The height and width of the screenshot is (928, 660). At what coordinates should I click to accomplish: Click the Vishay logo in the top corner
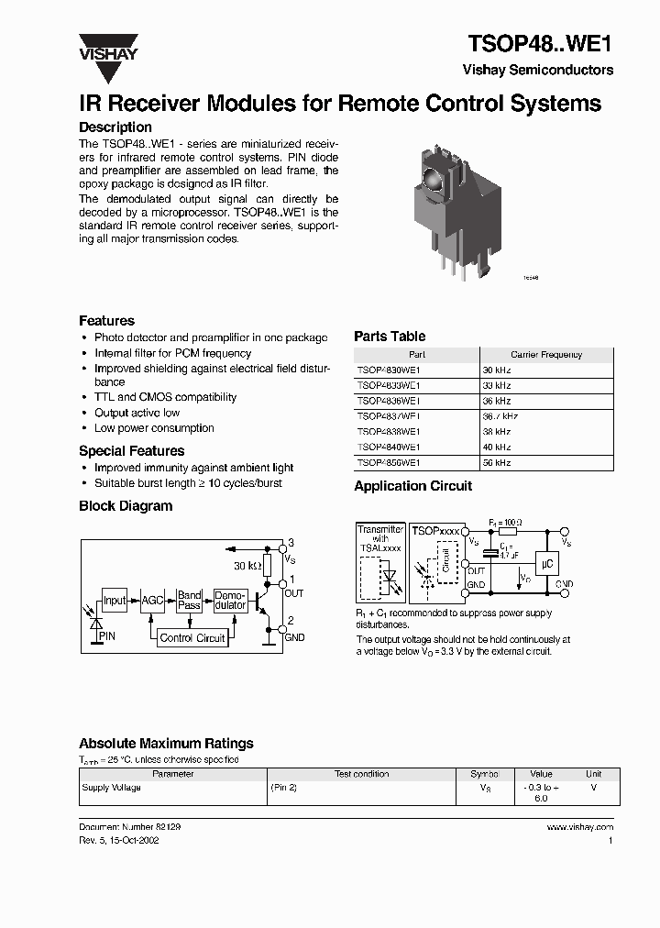point(107,47)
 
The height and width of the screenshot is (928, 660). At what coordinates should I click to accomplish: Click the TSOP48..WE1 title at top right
point(540,43)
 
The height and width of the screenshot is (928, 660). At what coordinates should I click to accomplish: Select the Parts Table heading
point(390,337)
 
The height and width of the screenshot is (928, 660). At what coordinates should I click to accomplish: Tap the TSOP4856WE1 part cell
point(389,463)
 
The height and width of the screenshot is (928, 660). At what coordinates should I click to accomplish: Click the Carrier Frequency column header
point(546,354)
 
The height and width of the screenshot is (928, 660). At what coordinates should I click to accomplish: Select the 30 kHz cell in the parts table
point(496,370)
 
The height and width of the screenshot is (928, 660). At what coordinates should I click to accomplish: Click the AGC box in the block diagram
point(152,601)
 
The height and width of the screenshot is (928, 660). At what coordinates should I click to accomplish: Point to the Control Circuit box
point(192,637)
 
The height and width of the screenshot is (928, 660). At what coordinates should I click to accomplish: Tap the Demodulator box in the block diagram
point(230,601)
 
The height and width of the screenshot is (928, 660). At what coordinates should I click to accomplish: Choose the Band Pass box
point(190,601)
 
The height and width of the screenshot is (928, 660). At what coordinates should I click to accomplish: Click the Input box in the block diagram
point(115,601)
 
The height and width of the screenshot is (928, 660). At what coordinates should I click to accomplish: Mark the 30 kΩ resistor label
point(247,565)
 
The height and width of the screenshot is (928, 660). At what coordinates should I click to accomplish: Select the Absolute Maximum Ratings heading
point(166,744)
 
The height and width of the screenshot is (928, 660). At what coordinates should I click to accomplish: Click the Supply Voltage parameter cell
point(112,788)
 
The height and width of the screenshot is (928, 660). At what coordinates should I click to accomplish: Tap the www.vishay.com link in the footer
point(579,827)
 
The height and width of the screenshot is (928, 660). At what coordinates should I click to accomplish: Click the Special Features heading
point(131,451)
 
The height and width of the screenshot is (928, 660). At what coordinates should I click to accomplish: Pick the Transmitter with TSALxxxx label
point(379,538)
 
